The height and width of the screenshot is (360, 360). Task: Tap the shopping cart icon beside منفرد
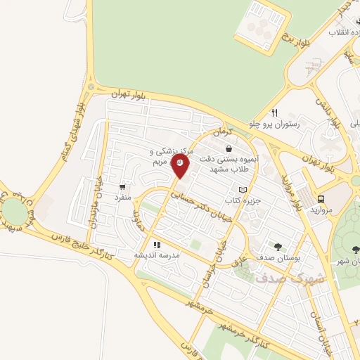point(124,187)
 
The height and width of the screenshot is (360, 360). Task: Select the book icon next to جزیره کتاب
point(243,190)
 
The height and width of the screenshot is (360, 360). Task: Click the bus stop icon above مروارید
point(321,199)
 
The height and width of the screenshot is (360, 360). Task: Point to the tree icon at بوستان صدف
point(278,247)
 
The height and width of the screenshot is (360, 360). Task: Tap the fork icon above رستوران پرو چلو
point(275,112)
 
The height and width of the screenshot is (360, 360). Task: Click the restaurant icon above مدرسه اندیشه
point(156,245)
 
